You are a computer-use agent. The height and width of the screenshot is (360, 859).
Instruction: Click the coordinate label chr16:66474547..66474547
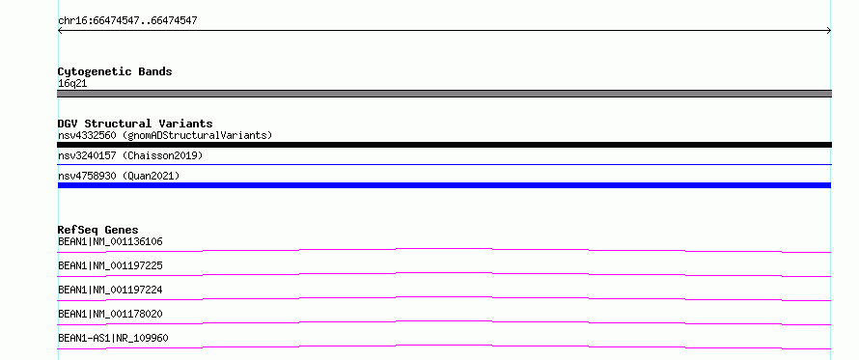[x=127, y=21]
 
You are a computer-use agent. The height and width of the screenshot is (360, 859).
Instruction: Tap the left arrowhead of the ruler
[x=60, y=31]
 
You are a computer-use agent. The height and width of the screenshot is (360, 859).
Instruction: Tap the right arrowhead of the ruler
[x=829, y=31]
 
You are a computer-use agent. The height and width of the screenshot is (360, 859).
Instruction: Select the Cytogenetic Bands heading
[x=115, y=71]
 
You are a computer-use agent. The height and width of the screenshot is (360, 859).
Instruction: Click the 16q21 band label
[x=72, y=84]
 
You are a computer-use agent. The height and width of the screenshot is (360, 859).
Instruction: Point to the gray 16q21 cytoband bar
[x=444, y=94]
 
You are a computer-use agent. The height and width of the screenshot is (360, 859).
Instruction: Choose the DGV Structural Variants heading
[x=135, y=124]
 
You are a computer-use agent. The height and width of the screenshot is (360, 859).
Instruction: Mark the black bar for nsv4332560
[x=444, y=145]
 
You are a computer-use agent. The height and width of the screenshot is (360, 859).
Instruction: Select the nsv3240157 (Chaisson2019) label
[x=130, y=155]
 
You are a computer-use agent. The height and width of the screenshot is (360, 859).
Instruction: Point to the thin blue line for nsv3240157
[x=444, y=164]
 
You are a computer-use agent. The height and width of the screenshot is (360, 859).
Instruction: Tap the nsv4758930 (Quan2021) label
[x=119, y=176]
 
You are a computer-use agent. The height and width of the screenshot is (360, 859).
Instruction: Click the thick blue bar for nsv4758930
[x=444, y=185]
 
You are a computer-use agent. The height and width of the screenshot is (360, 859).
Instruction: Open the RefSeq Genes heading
[x=98, y=230]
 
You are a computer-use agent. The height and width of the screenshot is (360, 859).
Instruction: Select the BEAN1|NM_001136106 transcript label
[x=110, y=241]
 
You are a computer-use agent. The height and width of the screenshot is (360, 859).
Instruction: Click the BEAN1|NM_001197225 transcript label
[x=110, y=265]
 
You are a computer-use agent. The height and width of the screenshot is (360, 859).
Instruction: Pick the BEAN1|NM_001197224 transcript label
[x=110, y=290]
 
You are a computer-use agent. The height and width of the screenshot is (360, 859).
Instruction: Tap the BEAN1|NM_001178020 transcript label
[x=110, y=314]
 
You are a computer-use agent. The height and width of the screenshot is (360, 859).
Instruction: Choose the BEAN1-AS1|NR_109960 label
[x=113, y=338]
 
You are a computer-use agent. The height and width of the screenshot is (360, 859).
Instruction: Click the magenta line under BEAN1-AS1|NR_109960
[x=444, y=346]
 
